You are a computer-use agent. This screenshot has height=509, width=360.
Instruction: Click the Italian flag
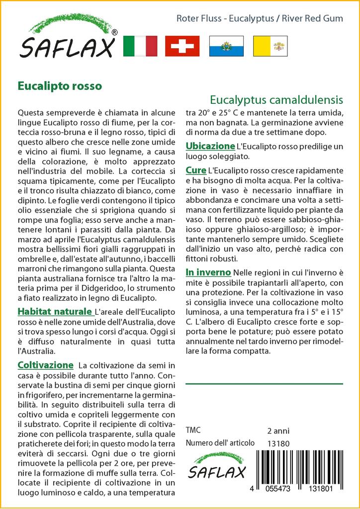click(140, 46)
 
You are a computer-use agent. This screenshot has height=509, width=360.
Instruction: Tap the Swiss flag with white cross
click(182, 46)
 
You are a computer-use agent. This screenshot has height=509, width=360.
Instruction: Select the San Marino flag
click(226, 46)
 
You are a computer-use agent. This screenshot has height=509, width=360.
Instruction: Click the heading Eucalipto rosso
click(60, 85)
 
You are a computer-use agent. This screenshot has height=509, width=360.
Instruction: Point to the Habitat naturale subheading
click(55, 312)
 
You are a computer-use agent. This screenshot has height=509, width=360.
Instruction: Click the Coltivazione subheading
click(46, 365)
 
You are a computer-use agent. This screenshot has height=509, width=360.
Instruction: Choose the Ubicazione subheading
click(210, 146)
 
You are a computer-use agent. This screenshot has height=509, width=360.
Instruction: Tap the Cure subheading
click(196, 170)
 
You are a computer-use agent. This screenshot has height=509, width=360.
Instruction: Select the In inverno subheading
click(208, 272)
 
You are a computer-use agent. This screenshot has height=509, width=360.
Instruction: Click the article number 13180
click(278, 443)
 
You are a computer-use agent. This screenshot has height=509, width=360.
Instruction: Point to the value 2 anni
click(278, 430)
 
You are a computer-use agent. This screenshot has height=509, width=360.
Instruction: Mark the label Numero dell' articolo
click(220, 443)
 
